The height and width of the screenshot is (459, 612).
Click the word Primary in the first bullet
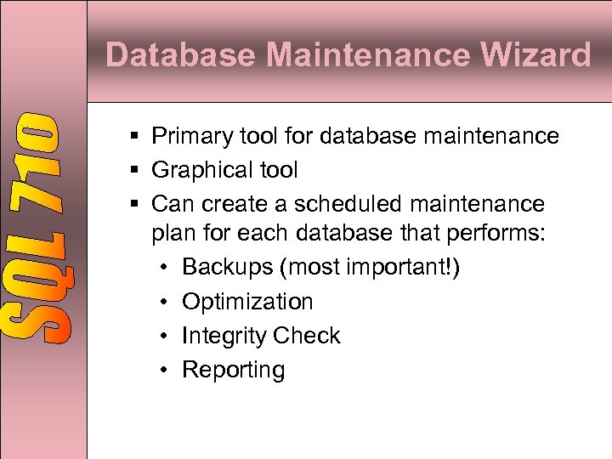point(190,136)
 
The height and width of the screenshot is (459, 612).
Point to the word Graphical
point(199,170)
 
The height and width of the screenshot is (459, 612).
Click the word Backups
point(227,267)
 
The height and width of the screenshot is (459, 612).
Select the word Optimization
point(247,302)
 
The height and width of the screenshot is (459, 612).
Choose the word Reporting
point(234,370)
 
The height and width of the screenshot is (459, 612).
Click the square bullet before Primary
point(136,136)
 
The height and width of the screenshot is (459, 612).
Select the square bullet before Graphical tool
point(136,170)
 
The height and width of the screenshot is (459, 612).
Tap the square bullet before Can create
point(136,204)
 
